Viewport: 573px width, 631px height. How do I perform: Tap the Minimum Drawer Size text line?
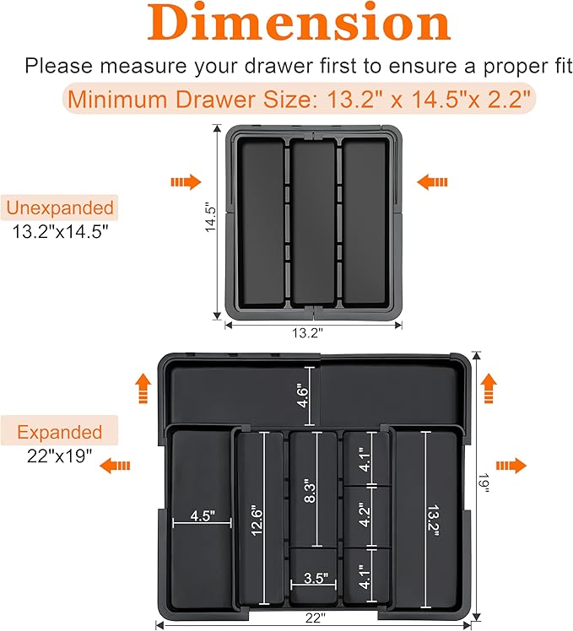[x=300, y=100]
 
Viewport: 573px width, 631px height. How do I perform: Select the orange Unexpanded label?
[x=59, y=208]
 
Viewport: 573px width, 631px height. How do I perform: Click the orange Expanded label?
[x=59, y=433]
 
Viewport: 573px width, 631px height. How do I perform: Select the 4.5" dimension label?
[x=202, y=515]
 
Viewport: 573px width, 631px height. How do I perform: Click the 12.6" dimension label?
[x=252, y=519]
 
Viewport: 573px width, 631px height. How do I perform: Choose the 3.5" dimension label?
[x=314, y=578]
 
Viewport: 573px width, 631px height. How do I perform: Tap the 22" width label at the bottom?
[x=315, y=618]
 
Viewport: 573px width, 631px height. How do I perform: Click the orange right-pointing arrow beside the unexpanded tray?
[x=186, y=181]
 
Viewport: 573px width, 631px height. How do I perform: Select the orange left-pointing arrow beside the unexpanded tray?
[x=432, y=181]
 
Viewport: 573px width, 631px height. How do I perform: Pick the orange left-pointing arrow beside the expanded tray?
[x=118, y=465]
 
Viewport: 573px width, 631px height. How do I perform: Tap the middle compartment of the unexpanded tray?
[x=313, y=221]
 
